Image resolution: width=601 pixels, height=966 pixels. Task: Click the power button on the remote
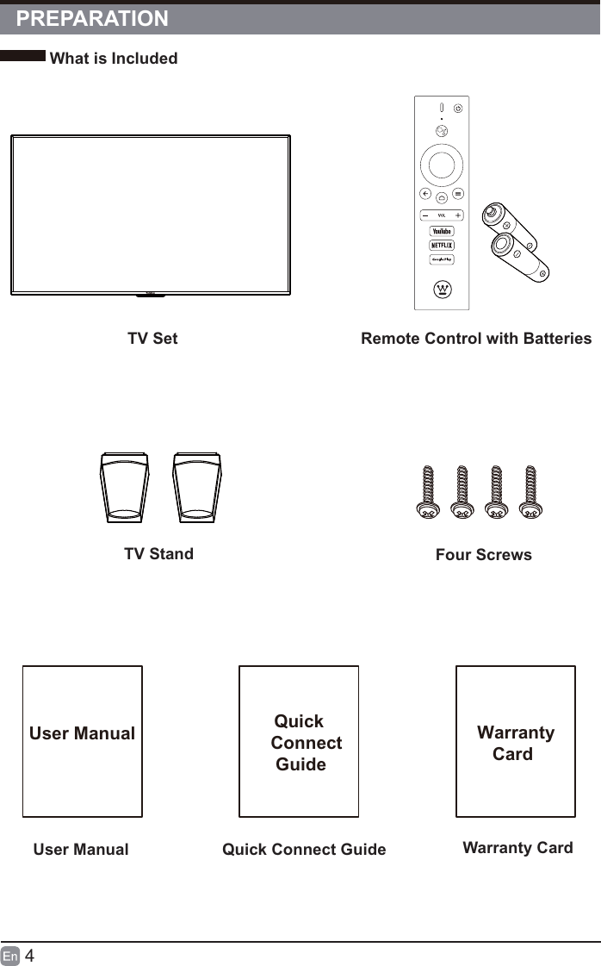[457, 109]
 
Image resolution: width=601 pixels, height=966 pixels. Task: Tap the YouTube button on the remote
[442, 231]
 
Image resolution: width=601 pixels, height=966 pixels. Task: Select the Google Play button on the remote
[442, 259]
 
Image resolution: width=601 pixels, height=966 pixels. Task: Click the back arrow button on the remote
[424, 194]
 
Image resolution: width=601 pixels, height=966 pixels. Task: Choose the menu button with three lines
[459, 194]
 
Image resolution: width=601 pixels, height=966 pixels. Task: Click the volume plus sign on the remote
[458, 215]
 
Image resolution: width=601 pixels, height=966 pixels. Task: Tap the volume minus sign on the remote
[425, 215]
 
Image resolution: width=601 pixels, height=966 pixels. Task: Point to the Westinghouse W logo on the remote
[442, 288]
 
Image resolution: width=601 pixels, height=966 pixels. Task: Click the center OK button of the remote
[442, 164]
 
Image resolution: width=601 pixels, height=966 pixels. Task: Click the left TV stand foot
[125, 488]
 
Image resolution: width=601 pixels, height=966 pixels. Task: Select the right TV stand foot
[197, 488]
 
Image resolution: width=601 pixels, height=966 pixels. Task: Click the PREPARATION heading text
[93, 19]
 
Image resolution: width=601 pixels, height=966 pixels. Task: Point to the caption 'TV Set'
[152, 339]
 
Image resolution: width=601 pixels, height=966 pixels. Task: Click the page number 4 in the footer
[29, 956]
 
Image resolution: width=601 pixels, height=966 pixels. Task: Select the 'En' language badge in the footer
[10, 956]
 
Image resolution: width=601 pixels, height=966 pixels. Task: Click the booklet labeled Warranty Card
[515, 741]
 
